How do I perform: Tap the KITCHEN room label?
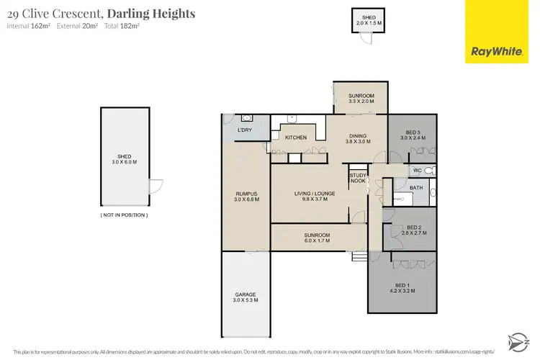[x=296, y=137]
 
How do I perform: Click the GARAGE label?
[x=246, y=295]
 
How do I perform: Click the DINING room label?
[x=358, y=138]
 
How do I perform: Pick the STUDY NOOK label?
[x=358, y=178]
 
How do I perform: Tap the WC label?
[x=417, y=171]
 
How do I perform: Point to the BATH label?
[x=416, y=188]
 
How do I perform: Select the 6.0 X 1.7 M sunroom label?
[x=316, y=238]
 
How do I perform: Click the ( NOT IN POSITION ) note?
[x=124, y=215]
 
